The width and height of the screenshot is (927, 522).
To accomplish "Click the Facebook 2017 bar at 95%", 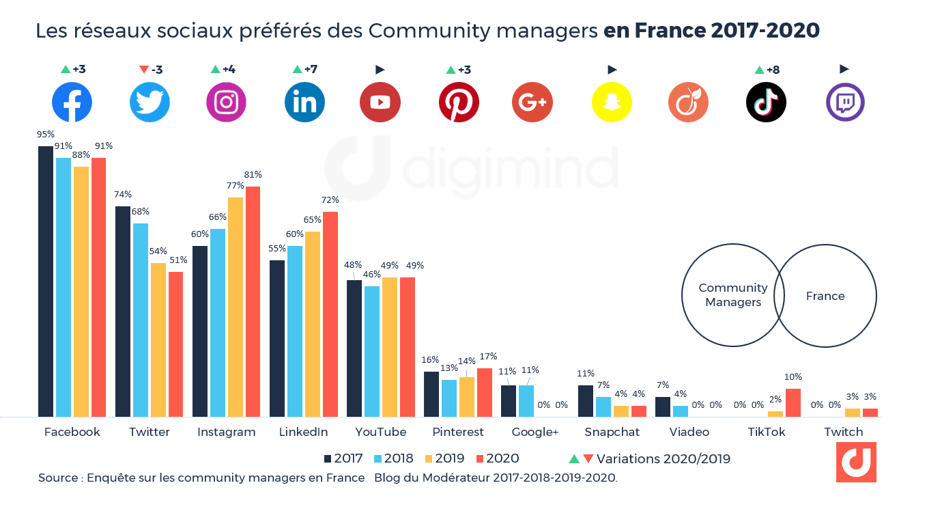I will (x=45, y=281).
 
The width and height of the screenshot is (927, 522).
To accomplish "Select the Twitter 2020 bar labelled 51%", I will (x=175, y=344).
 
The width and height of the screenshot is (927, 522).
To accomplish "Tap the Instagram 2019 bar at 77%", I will (x=235, y=307).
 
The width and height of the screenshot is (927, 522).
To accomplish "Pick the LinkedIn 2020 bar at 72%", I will (x=330, y=314).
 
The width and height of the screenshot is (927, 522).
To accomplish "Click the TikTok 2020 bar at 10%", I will (x=793, y=402).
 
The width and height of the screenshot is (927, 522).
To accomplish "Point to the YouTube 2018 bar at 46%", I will (x=372, y=351).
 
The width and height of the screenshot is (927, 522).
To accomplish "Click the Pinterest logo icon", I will (x=459, y=102).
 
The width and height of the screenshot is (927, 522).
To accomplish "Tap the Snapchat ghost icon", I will (x=611, y=102).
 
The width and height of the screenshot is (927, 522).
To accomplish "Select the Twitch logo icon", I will (x=845, y=102).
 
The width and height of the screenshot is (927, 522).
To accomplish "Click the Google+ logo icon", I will (x=532, y=102).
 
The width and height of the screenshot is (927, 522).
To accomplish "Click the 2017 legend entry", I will (x=343, y=458).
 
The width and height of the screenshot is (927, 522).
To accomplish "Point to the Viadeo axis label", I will (x=689, y=432).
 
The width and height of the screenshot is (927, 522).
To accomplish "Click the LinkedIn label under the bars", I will (x=303, y=432).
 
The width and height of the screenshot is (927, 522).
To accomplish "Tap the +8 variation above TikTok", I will (x=767, y=70).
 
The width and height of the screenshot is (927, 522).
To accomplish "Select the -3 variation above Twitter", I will (x=151, y=70).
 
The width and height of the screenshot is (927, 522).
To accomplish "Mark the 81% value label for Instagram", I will (x=253, y=175).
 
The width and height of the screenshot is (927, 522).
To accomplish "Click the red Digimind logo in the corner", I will (x=856, y=463).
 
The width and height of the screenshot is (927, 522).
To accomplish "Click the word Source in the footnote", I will (x=58, y=478).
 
